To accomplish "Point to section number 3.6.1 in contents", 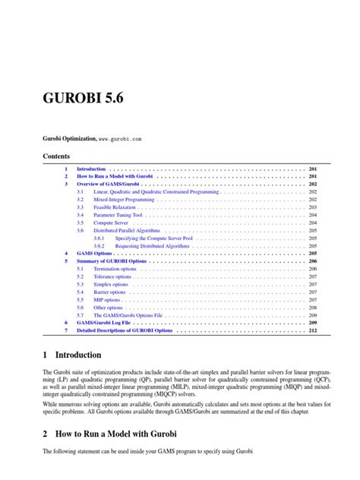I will (99, 238).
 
